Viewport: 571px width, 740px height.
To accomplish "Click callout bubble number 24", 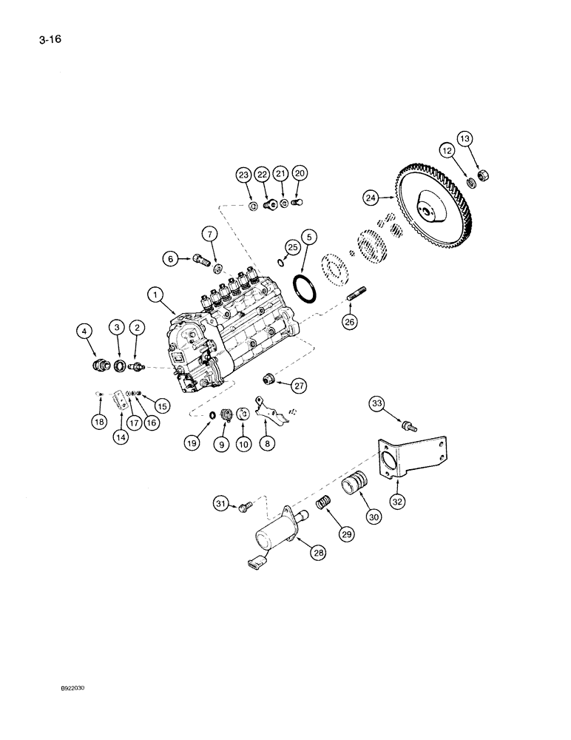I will tap(371, 198).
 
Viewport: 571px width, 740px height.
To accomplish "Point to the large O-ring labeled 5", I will tap(304, 288).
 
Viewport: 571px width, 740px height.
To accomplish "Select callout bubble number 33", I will tap(378, 403).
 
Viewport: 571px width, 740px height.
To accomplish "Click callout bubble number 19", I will tap(192, 444).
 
